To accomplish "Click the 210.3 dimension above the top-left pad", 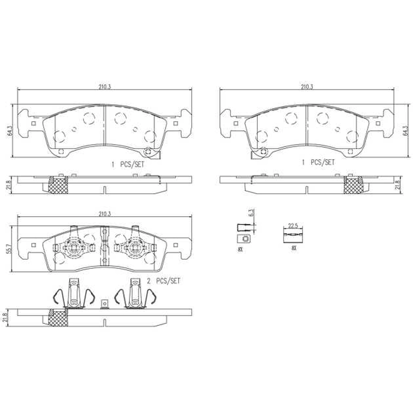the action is pos(105,87).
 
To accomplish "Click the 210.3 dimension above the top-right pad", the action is pos(307,87).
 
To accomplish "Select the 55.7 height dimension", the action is pos(10,249).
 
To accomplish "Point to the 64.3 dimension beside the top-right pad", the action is pos(405,130).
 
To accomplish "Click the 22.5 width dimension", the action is pos(293,226).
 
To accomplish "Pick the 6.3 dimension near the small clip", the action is pos(251,213).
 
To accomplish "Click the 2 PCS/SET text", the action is pos(163,281).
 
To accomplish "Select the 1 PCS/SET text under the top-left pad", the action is pos(128,165).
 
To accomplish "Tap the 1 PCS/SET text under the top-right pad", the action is pos(318,162).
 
